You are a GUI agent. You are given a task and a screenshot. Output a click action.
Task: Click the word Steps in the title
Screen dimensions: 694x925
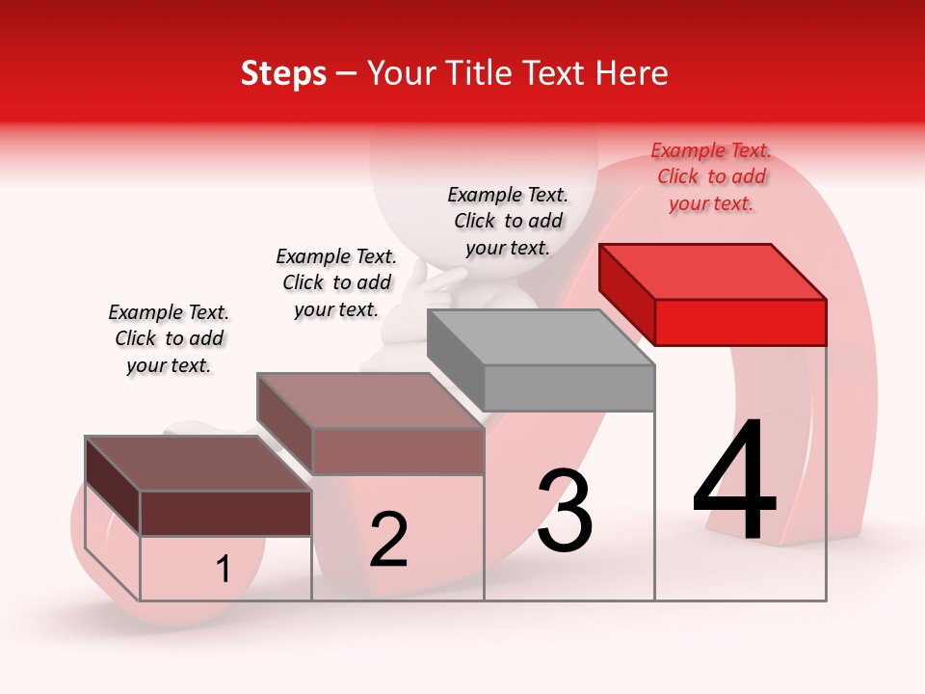(x=283, y=73)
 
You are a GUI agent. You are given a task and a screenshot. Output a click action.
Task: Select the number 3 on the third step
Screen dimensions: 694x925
(x=565, y=510)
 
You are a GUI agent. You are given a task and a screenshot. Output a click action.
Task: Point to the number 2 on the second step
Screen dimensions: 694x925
(x=388, y=540)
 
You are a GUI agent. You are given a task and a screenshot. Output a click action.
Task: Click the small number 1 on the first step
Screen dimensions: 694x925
(x=224, y=570)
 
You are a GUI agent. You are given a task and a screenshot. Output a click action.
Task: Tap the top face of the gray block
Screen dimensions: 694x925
(x=540, y=337)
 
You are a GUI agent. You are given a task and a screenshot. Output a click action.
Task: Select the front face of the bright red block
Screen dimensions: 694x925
(x=740, y=322)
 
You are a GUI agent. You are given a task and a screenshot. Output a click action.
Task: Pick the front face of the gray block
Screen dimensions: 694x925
(x=568, y=387)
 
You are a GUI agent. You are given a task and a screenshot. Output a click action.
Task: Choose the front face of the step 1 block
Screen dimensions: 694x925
(x=225, y=513)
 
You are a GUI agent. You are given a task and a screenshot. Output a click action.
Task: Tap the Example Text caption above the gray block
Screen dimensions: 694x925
(x=508, y=222)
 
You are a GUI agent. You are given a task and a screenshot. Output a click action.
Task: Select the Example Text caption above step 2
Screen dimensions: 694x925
(x=336, y=283)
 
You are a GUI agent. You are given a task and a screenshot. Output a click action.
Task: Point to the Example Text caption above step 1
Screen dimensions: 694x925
(x=169, y=339)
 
